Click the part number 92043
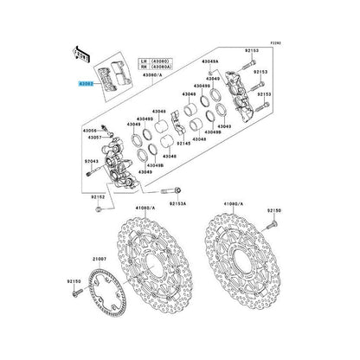point(91,162)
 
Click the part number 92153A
point(177,202)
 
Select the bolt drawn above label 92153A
point(177,190)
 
